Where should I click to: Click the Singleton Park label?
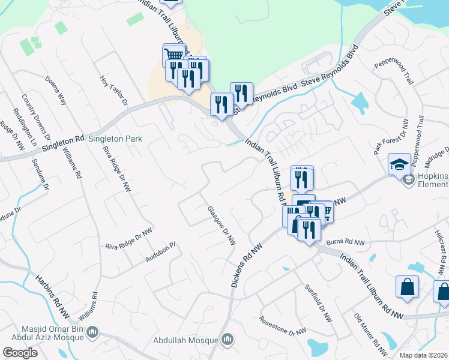point(115,139)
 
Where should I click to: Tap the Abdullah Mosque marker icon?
point(227,340)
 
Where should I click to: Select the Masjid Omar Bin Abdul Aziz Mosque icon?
point(92,332)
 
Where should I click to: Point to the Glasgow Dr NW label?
point(221,226)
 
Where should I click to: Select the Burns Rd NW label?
point(346,242)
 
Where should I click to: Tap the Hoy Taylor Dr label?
point(114,90)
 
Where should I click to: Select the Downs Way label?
point(56,91)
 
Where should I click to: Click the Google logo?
point(20,353)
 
